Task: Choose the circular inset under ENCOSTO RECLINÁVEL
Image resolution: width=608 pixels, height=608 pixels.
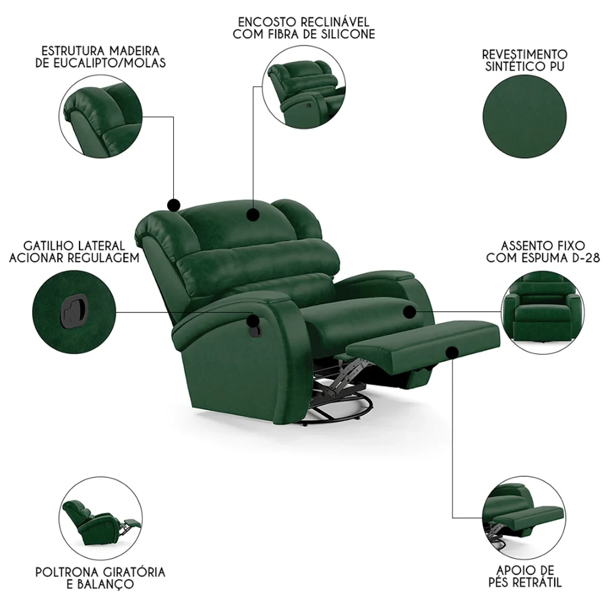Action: click(303, 88)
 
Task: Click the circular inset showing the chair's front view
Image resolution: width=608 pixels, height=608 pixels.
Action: click(545, 313)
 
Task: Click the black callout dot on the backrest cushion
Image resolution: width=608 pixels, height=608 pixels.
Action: click(252, 213)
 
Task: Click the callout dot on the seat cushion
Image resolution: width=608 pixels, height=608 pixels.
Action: click(409, 312)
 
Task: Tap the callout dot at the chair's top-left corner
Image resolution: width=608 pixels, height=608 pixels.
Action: click(173, 204)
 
